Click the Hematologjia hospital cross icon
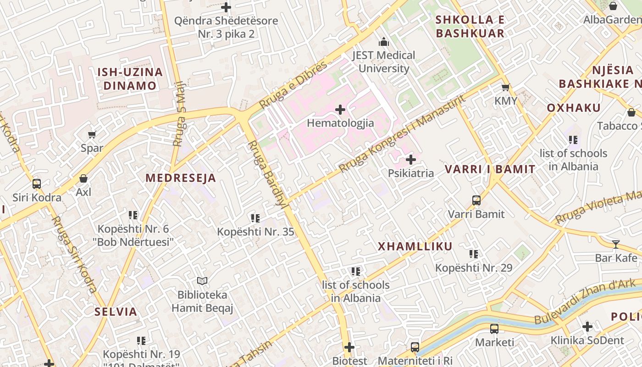click(x=340, y=110)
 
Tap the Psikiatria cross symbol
click(x=411, y=160)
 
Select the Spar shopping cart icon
click(x=92, y=134)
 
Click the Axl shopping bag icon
click(x=83, y=178)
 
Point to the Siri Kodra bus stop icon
click(x=37, y=184)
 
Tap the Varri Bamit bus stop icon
click(x=476, y=200)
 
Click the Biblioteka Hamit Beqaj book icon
click(x=202, y=281)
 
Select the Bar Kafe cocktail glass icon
click(x=616, y=244)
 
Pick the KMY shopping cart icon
click(x=505, y=87)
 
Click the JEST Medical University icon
click(x=384, y=42)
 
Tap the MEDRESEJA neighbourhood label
click(x=181, y=178)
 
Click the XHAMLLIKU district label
click(x=415, y=246)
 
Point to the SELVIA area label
click(x=116, y=312)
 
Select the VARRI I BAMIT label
click(x=490, y=169)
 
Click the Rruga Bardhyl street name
click(x=267, y=174)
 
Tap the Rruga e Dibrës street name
click(x=293, y=85)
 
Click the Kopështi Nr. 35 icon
click(x=255, y=218)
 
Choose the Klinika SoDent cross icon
click(x=587, y=327)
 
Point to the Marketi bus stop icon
click(x=494, y=329)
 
